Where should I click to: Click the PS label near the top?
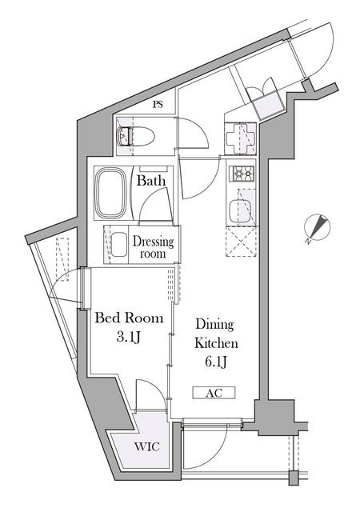pos(158,104)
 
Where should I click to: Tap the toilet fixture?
pos(130,137)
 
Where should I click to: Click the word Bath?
pos(151,181)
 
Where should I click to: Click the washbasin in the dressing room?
pos(118,244)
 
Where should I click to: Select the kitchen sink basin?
pos(242,211)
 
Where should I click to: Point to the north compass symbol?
pos(316,229)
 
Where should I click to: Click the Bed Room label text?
pos(130,318)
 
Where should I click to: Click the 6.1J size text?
pos(214,362)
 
